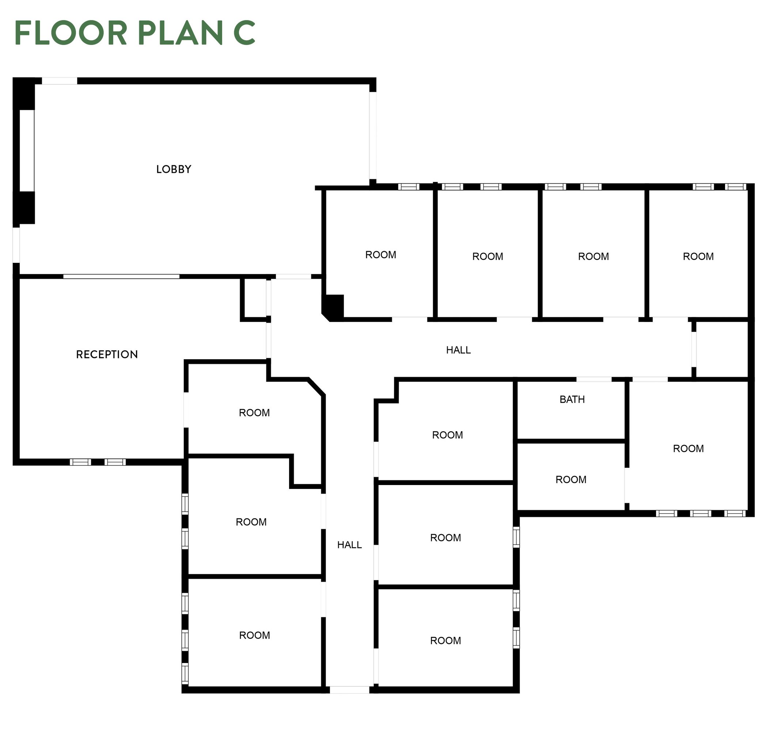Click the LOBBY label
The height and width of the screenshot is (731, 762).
(x=174, y=169)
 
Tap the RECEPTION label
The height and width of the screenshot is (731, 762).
(x=107, y=354)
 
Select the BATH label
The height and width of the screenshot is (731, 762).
(x=572, y=399)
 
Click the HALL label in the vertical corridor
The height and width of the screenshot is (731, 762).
(x=349, y=545)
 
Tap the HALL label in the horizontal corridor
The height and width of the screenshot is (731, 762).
(x=458, y=350)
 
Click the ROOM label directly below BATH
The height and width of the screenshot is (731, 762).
(x=571, y=480)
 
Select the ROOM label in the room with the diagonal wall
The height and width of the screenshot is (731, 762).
(x=254, y=413)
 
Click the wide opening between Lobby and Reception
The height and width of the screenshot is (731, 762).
(x=121, y=276)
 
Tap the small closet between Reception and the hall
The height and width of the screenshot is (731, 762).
(x=255, y=299)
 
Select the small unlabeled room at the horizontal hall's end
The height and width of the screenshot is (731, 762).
(x=722, y=349)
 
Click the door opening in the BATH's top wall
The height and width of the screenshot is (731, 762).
(x=594, y=379)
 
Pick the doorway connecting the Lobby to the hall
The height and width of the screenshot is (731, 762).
(x=293, y=276)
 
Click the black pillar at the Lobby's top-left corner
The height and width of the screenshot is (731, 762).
(x=24, y=94)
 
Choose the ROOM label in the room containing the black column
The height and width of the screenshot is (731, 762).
(x=380, y=255)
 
